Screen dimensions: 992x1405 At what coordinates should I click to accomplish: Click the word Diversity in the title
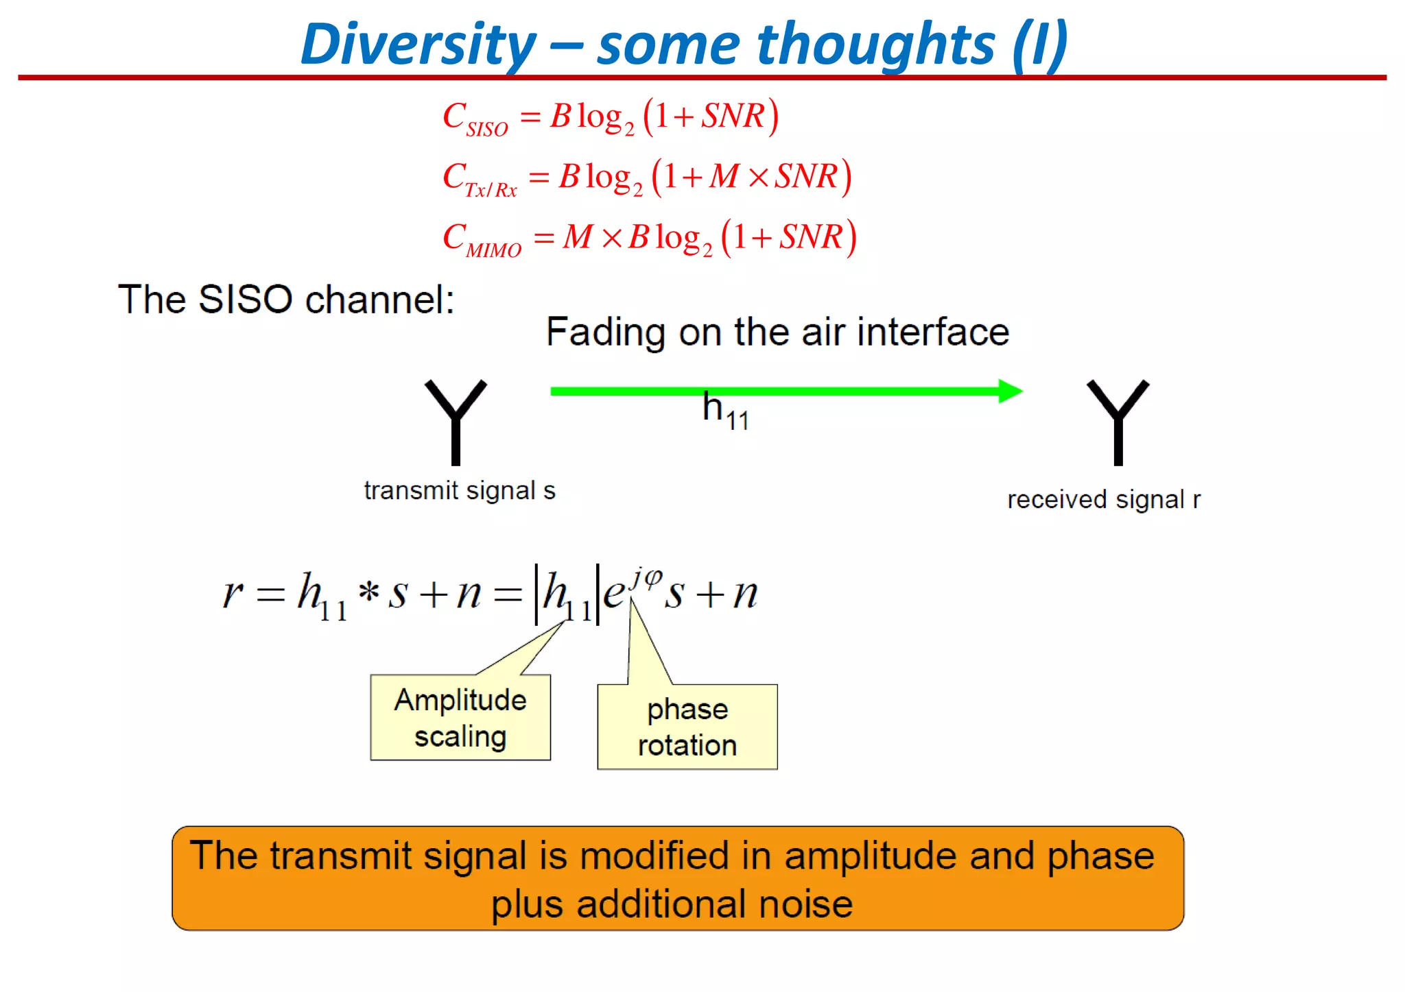[x=418, y=45]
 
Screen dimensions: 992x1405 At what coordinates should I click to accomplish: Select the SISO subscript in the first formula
[x=487, y=129]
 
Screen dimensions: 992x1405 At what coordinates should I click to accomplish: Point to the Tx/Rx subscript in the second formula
[x=491, y=190]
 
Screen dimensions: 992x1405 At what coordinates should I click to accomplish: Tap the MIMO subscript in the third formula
[x=493, y=250]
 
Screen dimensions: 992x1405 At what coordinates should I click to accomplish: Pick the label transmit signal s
[x=459, y=491]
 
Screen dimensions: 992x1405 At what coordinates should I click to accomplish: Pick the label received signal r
[x=1103, y=500]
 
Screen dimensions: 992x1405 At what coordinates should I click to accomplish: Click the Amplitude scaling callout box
[x=460, y=718]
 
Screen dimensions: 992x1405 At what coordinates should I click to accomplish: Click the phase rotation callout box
[x=687, y=727]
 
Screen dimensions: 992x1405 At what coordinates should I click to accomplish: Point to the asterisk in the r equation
[x=368, y=591]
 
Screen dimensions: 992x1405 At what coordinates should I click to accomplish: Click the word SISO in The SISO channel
[x=245, y=300]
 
